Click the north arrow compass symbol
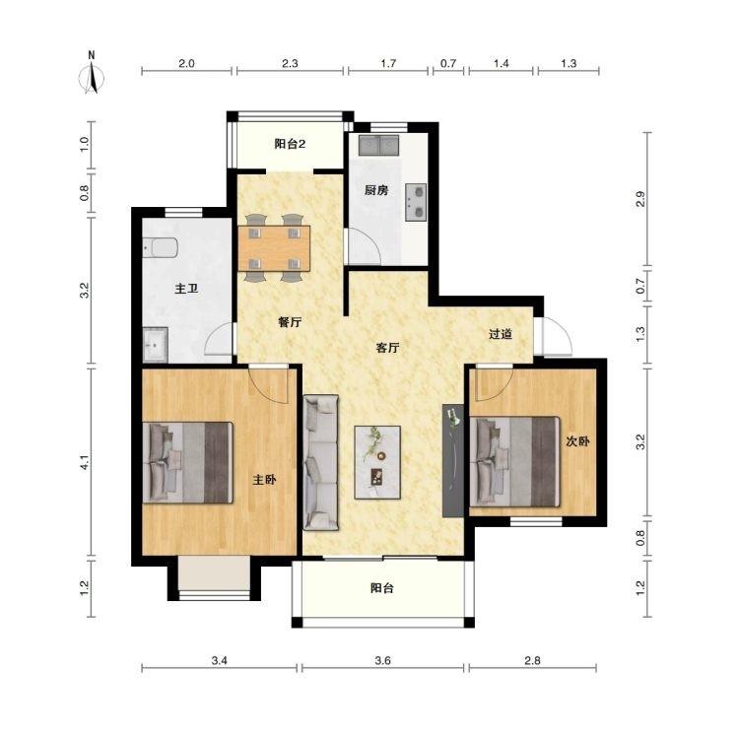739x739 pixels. click(93, 78)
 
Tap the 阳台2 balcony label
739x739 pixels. click(290, 144)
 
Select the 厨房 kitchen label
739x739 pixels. click(376, 190)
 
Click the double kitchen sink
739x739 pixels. click(379, 145)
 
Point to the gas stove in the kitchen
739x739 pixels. click(416, 203)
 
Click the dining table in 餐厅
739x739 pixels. click(274, 248)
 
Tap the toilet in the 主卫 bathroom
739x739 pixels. click(161, 247)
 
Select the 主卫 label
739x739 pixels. click(186, 289)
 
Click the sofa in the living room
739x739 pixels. click(321, 463)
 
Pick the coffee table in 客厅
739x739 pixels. click(377, 462)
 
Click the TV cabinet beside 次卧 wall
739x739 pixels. click(453, 460)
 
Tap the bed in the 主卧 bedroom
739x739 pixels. click(187, 462)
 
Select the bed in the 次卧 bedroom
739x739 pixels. click(514, 462)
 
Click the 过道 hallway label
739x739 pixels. click(500, 334)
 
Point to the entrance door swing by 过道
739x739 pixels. click(554, 336)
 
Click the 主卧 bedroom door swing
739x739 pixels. click(269, 384)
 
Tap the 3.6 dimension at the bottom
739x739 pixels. click(382, 661)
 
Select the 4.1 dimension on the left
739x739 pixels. click(85, 462)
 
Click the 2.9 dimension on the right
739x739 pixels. click(639, 199)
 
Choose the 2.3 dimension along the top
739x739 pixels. click(290, 63)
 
